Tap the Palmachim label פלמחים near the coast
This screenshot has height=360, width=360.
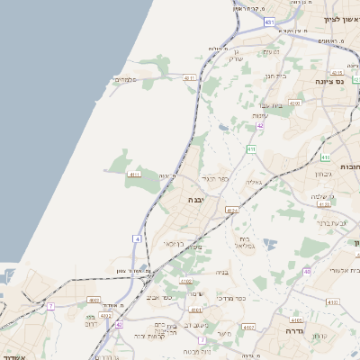[x=124, y=80]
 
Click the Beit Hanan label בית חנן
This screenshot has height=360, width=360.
[x=278, y=76]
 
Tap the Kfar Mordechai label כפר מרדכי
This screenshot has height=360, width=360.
[x=243, y=298]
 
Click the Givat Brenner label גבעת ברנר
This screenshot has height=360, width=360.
[x=332, y=221]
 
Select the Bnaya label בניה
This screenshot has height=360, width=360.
[x=222, y=272]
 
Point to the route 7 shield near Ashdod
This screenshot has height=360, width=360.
[x=51, y=307]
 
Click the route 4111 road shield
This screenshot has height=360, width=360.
[x=135, y=173]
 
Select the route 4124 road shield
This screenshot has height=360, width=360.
[x=232, y=211]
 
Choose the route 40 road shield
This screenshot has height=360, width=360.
[x=307, y=270]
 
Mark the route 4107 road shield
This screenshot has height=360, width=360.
[x=249, y=328]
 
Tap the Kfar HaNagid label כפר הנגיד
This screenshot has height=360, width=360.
[x=217, y=178]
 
